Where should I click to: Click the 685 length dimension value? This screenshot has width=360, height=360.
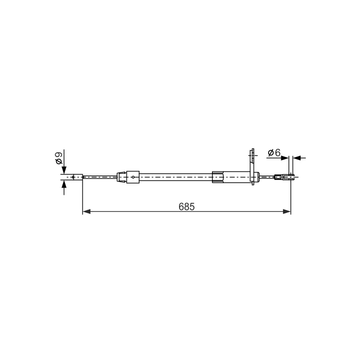click(x=186, y=207)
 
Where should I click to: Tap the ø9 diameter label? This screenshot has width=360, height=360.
click(x=59, y=158)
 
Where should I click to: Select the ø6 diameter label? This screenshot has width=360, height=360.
click(x=274, y=153)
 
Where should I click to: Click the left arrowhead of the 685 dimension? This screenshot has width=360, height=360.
click(x=86, y=211)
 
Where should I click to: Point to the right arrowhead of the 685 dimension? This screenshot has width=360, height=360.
click(x=287, y=211)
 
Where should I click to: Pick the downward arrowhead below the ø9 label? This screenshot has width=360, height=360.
click(x=64, y=170)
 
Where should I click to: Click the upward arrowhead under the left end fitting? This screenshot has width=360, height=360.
click(x=64, y=184)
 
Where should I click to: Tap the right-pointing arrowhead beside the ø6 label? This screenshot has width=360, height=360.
click(x=285, y=158)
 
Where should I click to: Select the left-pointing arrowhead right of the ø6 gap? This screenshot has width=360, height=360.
click(x=297, y=158)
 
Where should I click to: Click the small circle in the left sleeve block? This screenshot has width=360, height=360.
click(x=133, y=177)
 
